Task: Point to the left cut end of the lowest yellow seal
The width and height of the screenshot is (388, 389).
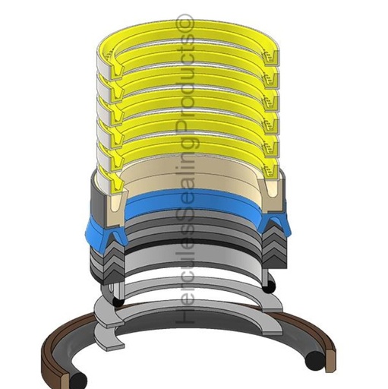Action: coord(116,183)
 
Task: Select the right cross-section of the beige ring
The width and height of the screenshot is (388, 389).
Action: coord(271,194)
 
